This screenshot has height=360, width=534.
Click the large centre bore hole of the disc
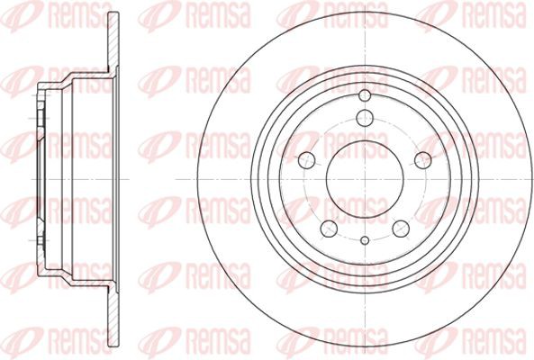tap(365, 179)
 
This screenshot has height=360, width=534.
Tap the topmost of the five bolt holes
tap(365, 119)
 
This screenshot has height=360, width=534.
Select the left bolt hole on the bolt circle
tap(306, 160)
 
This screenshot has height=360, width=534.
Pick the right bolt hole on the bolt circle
tap(423, 160)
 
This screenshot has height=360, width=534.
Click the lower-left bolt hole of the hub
tap(329, 229)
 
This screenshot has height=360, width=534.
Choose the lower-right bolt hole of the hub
tap(401, 229)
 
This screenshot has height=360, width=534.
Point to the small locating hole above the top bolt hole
tap(365, 95)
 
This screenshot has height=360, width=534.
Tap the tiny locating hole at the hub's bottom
tap(365, 240)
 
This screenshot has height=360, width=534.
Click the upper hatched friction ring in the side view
tap(113, 40)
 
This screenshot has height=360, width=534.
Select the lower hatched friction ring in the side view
tap(113, 318)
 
